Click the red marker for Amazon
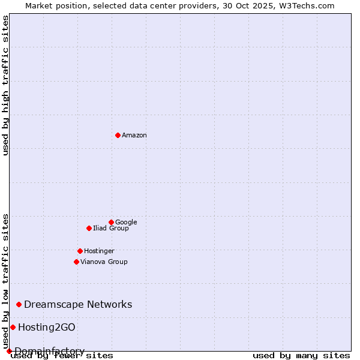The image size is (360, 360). point(118,135)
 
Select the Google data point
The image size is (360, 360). point(111,222)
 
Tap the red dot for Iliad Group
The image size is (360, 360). point(89,228)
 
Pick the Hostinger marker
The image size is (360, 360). point(80,251)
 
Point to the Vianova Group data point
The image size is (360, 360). point(76,262)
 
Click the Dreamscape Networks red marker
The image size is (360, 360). point(19,305)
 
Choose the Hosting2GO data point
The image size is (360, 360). point(13,327)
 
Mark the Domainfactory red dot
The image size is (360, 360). point(9,351)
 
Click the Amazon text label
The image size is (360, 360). point(134,135)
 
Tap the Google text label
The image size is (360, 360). point(126,222)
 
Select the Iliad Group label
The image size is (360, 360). point(111,228)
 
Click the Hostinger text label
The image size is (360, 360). point(99,251)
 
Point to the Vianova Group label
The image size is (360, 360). point(104,262)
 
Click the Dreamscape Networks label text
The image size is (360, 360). point(78,305)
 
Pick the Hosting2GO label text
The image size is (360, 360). point(47,327)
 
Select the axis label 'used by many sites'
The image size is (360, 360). point(301,355)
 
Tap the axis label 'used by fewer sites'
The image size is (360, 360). point(62,355)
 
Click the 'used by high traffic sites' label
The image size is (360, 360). point(6,85)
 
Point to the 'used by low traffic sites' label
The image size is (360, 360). point(6,281)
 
